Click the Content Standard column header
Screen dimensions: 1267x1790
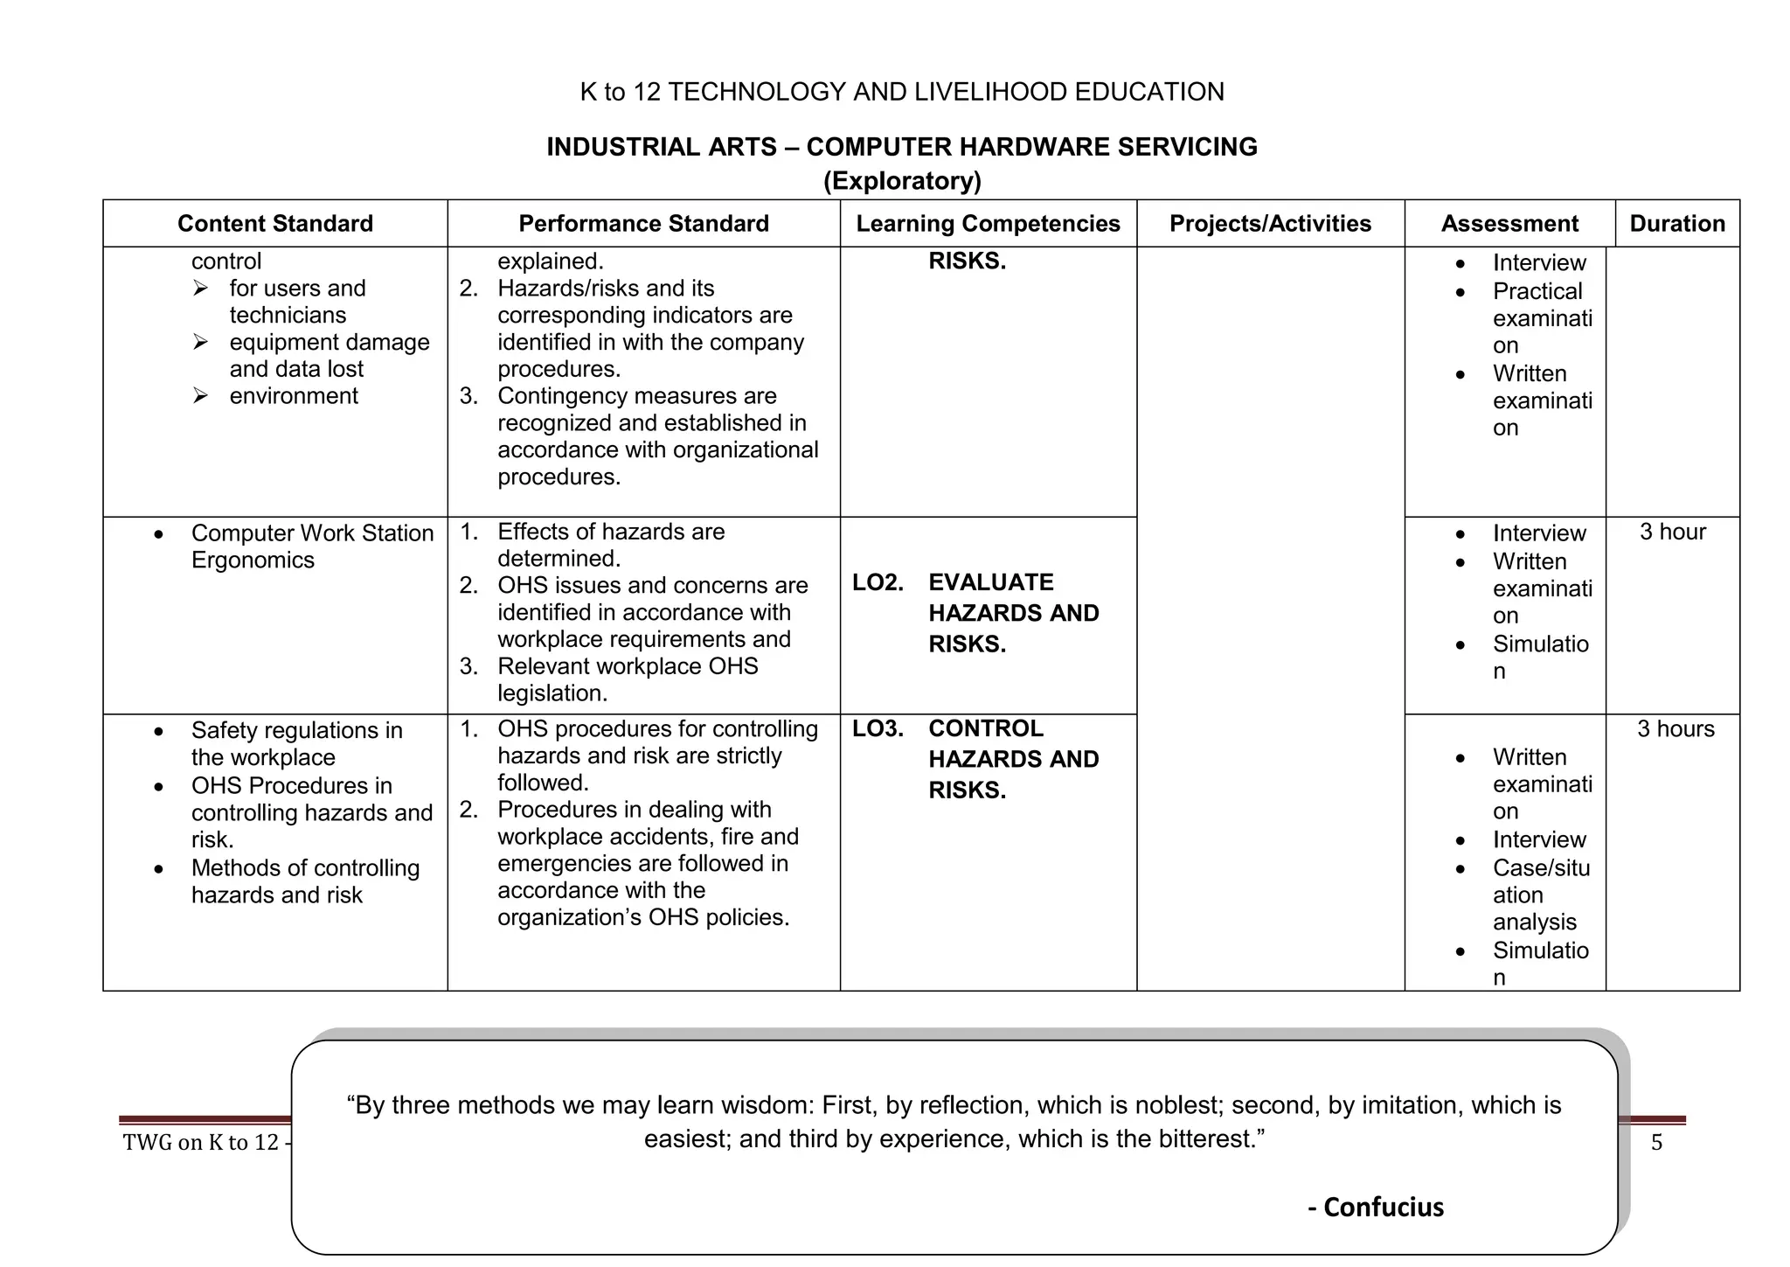pos(274,224)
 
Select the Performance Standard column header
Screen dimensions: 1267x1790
pos(643,224)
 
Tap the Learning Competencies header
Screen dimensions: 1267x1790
pos(988,224)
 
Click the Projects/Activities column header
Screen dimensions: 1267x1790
pos(1270,224)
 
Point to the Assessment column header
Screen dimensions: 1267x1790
pos(1509,224)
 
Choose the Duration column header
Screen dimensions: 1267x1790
pos(1676,224)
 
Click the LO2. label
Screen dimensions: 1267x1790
pos(878,582)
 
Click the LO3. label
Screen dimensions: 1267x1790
pos(878,728)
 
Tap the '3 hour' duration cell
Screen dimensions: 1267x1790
pos(1672,532)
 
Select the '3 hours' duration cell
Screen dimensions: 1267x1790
pos(1675,728)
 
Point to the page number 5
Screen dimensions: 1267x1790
pos(1656,1142)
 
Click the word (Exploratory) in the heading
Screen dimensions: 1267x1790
pos(902,181)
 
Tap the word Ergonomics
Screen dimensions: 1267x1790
pos(253,560)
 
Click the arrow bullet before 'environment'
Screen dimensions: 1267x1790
pos(200,396)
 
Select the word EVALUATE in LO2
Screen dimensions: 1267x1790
pos(990,582)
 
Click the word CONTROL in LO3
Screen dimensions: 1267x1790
pos(985,728)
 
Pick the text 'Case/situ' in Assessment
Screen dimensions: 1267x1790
pos(1540,868)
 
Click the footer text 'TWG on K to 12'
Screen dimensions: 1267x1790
pos(201,1142)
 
